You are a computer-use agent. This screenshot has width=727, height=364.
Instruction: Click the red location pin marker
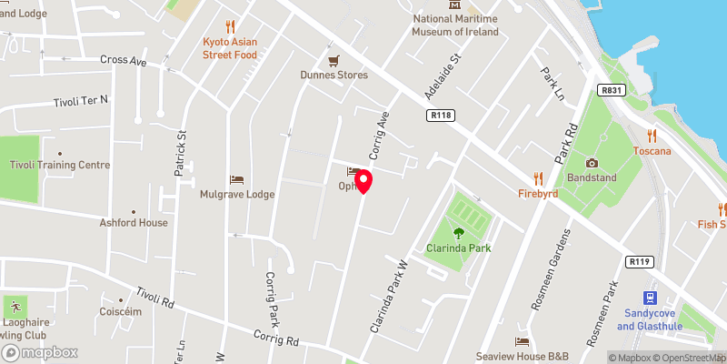(x=363, y=180)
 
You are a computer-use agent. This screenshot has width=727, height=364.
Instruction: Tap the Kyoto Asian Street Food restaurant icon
(x=230, y=27)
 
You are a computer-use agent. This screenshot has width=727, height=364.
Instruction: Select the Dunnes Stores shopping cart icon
(x=334, y=60)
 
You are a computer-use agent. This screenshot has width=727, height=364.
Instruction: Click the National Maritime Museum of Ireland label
(x=456, y=25)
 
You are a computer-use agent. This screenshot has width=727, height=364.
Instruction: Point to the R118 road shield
(x=442, y=115)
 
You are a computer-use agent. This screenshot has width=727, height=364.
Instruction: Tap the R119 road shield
(x=640, y=262)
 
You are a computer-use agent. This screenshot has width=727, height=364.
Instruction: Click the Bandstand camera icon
(x=592, y=163)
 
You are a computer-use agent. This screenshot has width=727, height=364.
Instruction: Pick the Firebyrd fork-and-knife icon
(x=538, y=178)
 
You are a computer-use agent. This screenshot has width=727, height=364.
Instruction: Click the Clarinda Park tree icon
(x=458, y=233)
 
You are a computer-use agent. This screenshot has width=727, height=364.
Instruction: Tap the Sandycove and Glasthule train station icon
(x=651, y=298)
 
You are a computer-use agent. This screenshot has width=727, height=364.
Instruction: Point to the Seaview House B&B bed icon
(x=522, y=342)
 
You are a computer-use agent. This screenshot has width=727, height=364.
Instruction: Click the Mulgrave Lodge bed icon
(x=237, y=179)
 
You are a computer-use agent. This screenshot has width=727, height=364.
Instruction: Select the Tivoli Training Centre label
(x=60, y=165)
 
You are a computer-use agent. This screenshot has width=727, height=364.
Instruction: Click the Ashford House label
(x=134, y=222)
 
